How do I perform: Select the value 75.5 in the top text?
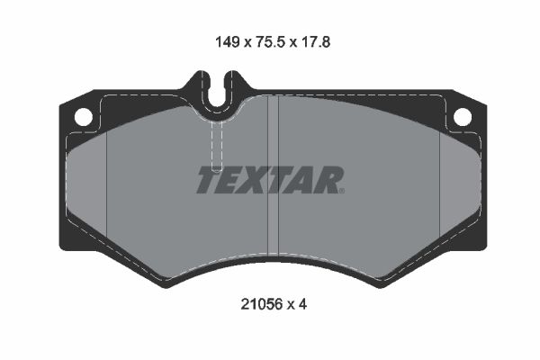268,40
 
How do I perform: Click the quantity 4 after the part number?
303,304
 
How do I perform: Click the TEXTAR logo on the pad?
269,180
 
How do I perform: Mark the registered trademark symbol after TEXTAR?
341,190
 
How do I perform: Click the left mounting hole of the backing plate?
82,116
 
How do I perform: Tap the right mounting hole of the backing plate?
462,116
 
